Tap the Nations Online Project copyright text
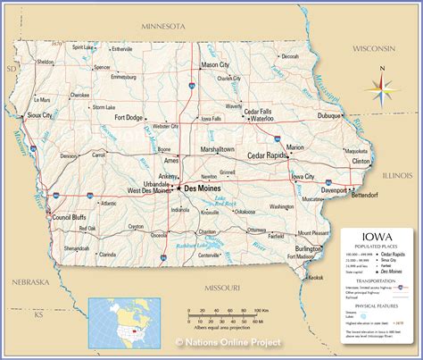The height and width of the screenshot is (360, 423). [x=228, y=342]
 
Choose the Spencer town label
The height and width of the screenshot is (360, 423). [x=103, y=67]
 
